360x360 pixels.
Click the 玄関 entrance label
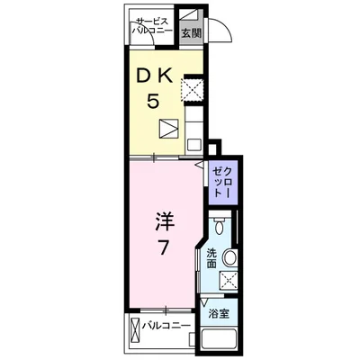191,33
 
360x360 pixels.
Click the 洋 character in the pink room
164,220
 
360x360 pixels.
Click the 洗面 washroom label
211,257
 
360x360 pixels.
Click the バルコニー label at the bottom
166,325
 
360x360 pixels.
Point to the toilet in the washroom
221,227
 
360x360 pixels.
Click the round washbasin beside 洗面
230,258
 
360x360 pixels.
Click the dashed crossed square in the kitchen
192,89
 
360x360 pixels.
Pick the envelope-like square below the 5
169,129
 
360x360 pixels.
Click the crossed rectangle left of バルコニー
135,325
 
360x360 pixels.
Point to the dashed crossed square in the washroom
229,281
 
